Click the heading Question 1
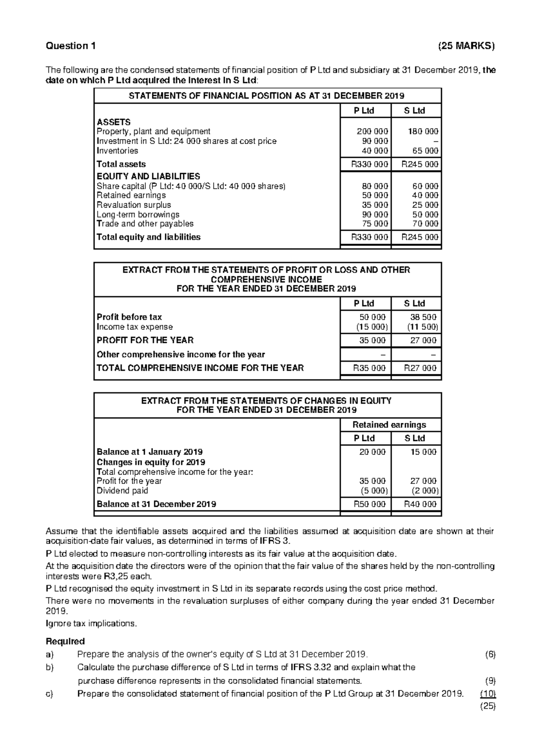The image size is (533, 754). (x=70, y=46)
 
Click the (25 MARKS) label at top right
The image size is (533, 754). (x=465, y=46)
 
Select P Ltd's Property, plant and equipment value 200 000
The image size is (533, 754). (x=372, y=132)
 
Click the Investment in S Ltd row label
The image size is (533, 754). (x=187, y=141)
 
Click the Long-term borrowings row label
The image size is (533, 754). (x=138, y=214)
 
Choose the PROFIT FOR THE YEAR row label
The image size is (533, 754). (x=145, y=340)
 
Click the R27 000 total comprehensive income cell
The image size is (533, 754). (x=420, y=368)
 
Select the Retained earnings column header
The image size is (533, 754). (x=390, y=425)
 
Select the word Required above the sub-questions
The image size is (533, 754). (x=65, y=642)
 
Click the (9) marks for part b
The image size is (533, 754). (x=490, y=681)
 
